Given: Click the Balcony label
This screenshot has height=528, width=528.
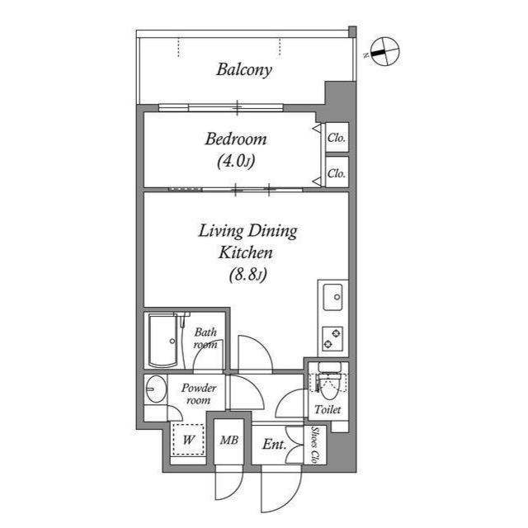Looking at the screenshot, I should coord(244,70).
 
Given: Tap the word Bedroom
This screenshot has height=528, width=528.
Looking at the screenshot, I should coord(236,139).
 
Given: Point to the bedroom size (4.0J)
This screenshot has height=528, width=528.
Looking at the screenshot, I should coord(236,162).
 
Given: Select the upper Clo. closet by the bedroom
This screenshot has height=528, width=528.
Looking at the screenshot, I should coord(336,138).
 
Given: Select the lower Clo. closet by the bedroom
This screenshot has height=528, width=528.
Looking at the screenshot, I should coord(336,173).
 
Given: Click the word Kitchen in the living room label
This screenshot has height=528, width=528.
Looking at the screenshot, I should coord(246,253).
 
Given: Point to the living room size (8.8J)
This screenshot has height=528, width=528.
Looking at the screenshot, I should coord(247,276).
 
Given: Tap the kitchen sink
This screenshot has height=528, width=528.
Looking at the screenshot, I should coord(333,297).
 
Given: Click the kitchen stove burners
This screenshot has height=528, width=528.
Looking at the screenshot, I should coord(333,338).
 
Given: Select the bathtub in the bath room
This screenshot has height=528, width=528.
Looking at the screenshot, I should coord(163,341).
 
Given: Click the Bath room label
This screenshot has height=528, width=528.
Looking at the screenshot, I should coord(205,339).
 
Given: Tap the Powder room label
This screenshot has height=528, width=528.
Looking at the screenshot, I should coord(199,394).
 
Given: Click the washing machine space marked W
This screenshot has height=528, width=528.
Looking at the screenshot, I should coord(189,440).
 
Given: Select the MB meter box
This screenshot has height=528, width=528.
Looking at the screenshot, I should coord(229,441).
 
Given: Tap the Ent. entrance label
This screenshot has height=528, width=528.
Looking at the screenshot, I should coord(274,445).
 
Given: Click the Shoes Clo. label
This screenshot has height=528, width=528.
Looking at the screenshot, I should coord(318,446).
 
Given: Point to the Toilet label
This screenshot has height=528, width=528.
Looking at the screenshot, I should coord(328,409).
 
